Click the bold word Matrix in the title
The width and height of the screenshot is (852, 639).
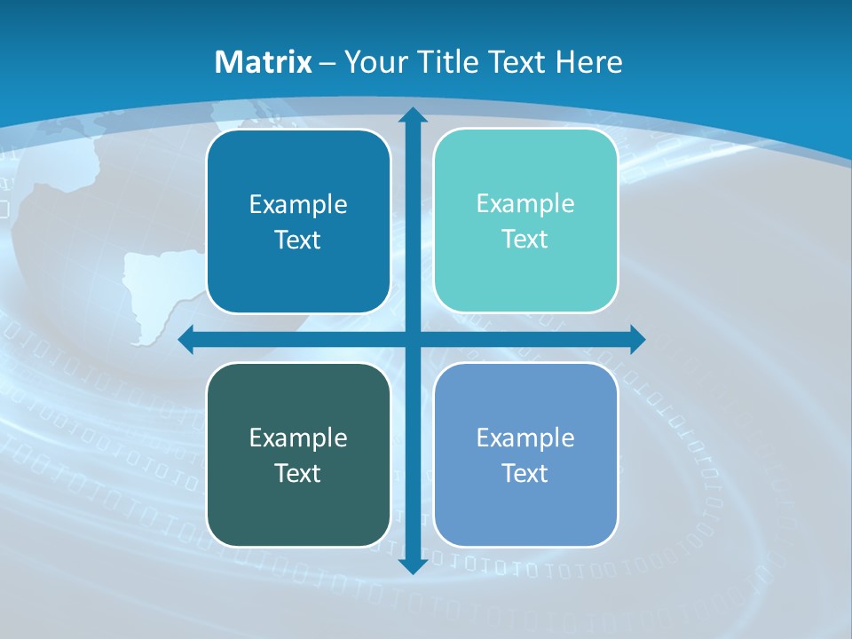(264, 62)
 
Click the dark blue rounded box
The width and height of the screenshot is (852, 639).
(298, 222)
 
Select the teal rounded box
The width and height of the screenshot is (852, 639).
(525, 221)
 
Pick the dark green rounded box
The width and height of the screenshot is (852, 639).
(298, 455)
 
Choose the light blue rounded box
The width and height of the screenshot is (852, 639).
(525, 455)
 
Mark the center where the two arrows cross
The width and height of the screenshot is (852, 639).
(412, 339)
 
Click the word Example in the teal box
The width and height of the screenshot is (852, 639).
(525, 203)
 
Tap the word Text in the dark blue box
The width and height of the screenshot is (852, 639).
(297, 241)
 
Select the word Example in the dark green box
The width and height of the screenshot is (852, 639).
(298, 438)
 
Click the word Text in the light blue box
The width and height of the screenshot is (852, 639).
(525, 474)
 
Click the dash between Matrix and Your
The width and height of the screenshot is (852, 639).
(327, 63)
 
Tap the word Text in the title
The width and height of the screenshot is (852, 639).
(517, 62)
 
